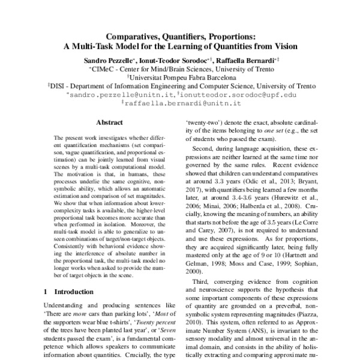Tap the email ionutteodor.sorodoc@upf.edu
tap(228, 95)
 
